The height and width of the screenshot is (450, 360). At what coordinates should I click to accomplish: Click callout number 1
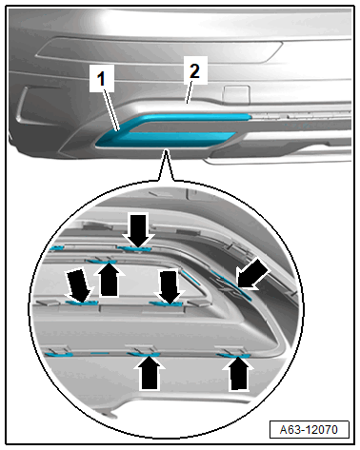[101, 79]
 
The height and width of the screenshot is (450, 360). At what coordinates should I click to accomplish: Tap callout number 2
[194, 70]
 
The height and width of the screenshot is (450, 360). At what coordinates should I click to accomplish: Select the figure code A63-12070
[309, 430]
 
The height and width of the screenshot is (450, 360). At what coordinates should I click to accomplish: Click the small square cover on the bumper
[236, 94]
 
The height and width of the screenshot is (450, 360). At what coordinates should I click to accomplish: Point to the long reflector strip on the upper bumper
[159, 50]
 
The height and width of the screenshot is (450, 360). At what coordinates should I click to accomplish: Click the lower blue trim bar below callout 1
[165, 140]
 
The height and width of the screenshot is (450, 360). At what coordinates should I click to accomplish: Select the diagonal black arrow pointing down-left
[253, 274]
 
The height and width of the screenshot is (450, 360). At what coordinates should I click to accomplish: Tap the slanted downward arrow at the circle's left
[78, 285]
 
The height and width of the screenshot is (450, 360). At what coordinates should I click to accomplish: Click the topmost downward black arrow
[138, 230]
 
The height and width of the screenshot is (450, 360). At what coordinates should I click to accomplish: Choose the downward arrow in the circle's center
[170, 286]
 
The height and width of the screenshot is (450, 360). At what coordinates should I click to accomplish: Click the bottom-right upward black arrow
[238, 374]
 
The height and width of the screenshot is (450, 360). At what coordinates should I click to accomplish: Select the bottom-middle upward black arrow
[150, 373]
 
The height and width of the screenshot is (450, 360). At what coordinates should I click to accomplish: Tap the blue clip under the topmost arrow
[134, 248]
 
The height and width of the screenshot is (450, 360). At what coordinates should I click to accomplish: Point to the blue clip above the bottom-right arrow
[233, 355]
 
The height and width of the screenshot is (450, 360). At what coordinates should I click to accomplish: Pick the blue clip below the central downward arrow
[166, 303]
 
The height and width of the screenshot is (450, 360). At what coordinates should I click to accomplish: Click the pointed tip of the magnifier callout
[166, 151]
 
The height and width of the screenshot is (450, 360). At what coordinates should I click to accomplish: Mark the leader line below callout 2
[190, 92]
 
